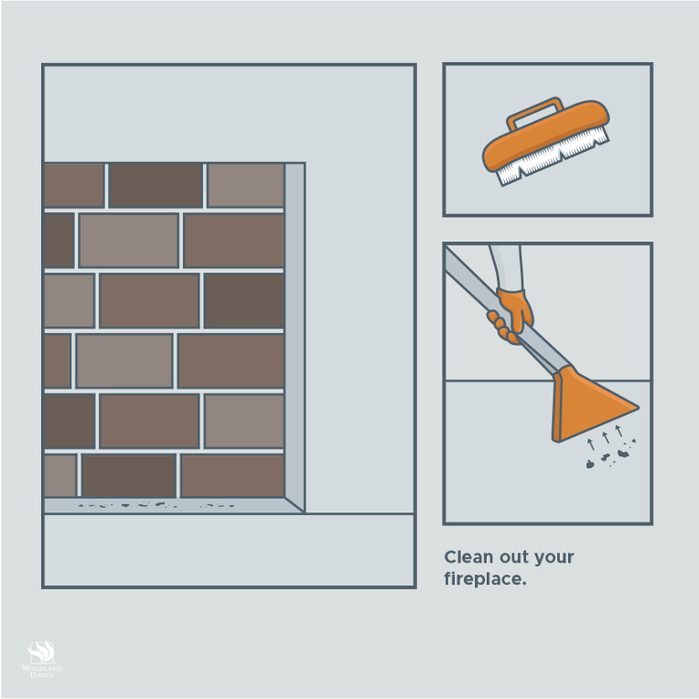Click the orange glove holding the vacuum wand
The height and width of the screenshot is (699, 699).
512,316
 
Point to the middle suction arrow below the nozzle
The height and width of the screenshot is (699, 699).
605,437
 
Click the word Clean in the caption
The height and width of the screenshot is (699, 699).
469,557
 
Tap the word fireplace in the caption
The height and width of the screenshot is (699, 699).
485,579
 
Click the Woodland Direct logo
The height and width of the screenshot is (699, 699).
42,658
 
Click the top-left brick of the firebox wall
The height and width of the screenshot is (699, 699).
74,186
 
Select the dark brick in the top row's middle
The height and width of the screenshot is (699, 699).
156,186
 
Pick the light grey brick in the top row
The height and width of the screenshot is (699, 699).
246,186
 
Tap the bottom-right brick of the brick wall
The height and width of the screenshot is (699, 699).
232,476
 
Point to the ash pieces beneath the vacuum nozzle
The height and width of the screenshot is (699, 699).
610,456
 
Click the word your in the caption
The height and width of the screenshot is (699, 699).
553,558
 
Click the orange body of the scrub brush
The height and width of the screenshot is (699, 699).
546,134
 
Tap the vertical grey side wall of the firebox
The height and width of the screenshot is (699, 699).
295,338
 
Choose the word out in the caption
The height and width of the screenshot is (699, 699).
513,558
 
